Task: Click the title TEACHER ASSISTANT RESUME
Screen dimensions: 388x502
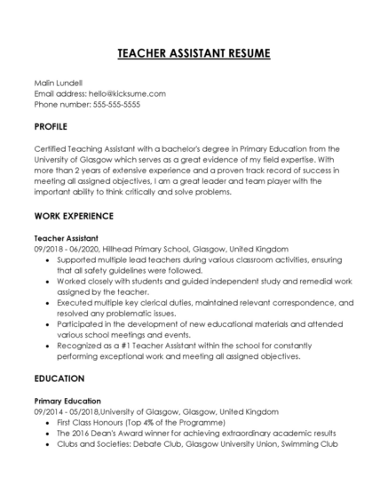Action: pos(194,54)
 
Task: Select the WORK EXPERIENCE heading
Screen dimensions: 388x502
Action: pos(74,217)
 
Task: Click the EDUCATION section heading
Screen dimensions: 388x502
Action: pos(59,378)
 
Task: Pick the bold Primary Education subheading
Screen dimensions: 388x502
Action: pos(67,401)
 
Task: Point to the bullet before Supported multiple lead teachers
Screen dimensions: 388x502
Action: pos(47,260)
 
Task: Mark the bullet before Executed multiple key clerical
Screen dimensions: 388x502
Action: pos(47,303)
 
